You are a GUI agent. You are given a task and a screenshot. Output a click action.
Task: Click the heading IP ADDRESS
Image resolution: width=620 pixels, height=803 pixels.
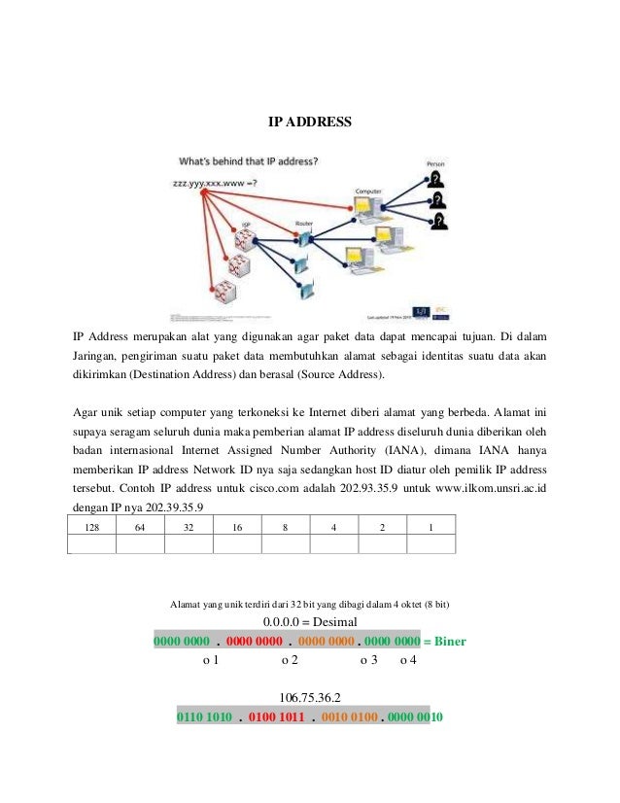(x=310, y=123)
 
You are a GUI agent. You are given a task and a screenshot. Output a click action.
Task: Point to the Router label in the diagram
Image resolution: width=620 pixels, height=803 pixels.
(x=303, y=222)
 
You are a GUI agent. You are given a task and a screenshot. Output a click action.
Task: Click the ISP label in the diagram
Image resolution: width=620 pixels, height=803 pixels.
(x=246, y=224)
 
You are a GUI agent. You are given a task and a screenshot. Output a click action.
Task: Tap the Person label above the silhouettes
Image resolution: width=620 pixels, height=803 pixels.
(x=436, y=163)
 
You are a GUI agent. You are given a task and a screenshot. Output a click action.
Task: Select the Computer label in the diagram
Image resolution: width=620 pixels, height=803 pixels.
(x=367, y=192)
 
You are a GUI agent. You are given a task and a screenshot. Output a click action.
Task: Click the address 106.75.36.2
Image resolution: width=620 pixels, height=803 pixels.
(x=310, y=698)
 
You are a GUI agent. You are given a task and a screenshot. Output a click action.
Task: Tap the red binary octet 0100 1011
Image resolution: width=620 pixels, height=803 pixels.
(x=277, y=718)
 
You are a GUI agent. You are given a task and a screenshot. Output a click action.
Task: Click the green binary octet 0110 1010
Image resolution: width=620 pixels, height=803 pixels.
(x=204, y=718)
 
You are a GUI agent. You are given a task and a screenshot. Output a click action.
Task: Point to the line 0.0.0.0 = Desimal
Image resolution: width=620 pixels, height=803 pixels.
(x=310, y=622)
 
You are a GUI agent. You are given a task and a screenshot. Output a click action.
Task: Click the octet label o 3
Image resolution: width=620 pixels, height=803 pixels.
(x=368, y=661)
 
